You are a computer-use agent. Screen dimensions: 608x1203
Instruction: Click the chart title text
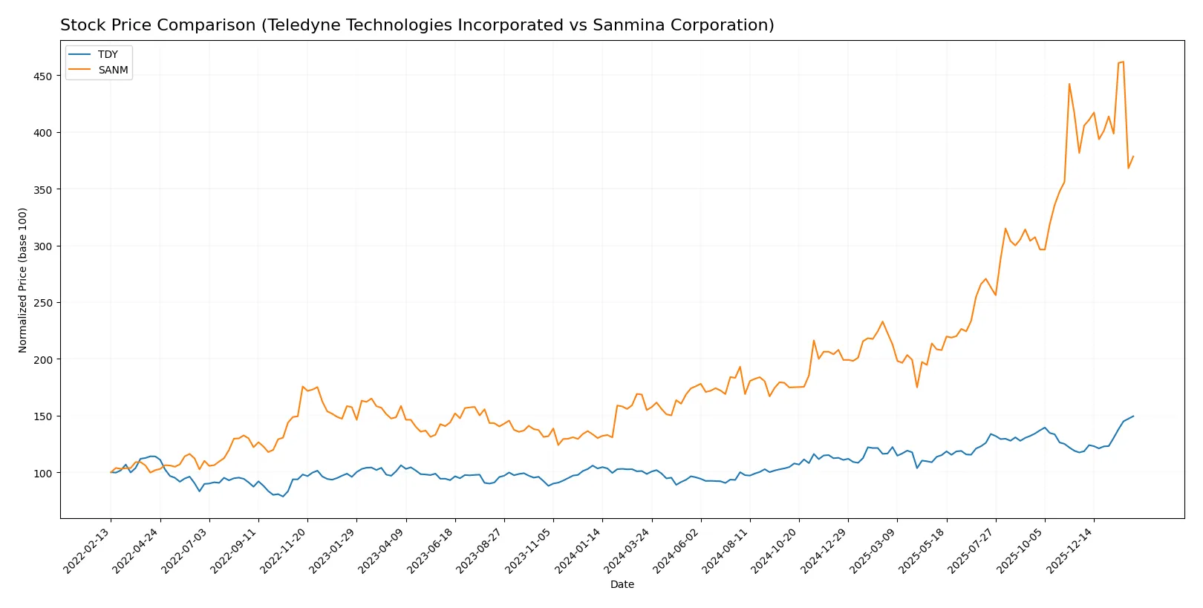(x=417, y=25)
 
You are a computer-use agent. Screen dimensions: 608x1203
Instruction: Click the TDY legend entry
(x=108, y=55)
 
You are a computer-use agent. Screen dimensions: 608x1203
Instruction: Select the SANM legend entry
(x=113, y=70)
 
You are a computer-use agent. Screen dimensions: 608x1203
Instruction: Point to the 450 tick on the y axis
(x=42, y=76)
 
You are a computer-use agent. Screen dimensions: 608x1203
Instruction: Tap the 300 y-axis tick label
(x=42, y=246)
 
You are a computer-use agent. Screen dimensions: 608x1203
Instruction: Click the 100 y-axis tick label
(x=42, y=473)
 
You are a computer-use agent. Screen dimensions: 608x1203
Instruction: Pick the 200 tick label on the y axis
(x=42, y=359)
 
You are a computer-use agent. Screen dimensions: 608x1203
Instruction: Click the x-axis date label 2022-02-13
(x=88, y=550)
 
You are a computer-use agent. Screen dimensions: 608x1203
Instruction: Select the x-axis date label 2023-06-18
(x=431, y=550)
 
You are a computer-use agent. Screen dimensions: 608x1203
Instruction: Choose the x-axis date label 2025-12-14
(x=1070, y=550)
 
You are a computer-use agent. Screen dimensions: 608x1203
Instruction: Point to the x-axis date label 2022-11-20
(x=284, y=550)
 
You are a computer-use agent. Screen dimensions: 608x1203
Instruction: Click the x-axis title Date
(x=622, y=585)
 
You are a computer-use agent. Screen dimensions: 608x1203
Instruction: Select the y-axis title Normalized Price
(x=23, y=280)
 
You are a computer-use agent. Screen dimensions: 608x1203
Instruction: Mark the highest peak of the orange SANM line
(x=1123, y=62)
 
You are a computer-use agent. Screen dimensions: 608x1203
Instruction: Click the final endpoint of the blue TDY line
(x=1133, y=416)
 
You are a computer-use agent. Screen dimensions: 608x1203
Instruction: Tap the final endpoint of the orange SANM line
(x=1133, y=157)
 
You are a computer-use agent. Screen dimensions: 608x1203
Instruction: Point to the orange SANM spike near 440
(x=1069, y=84)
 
